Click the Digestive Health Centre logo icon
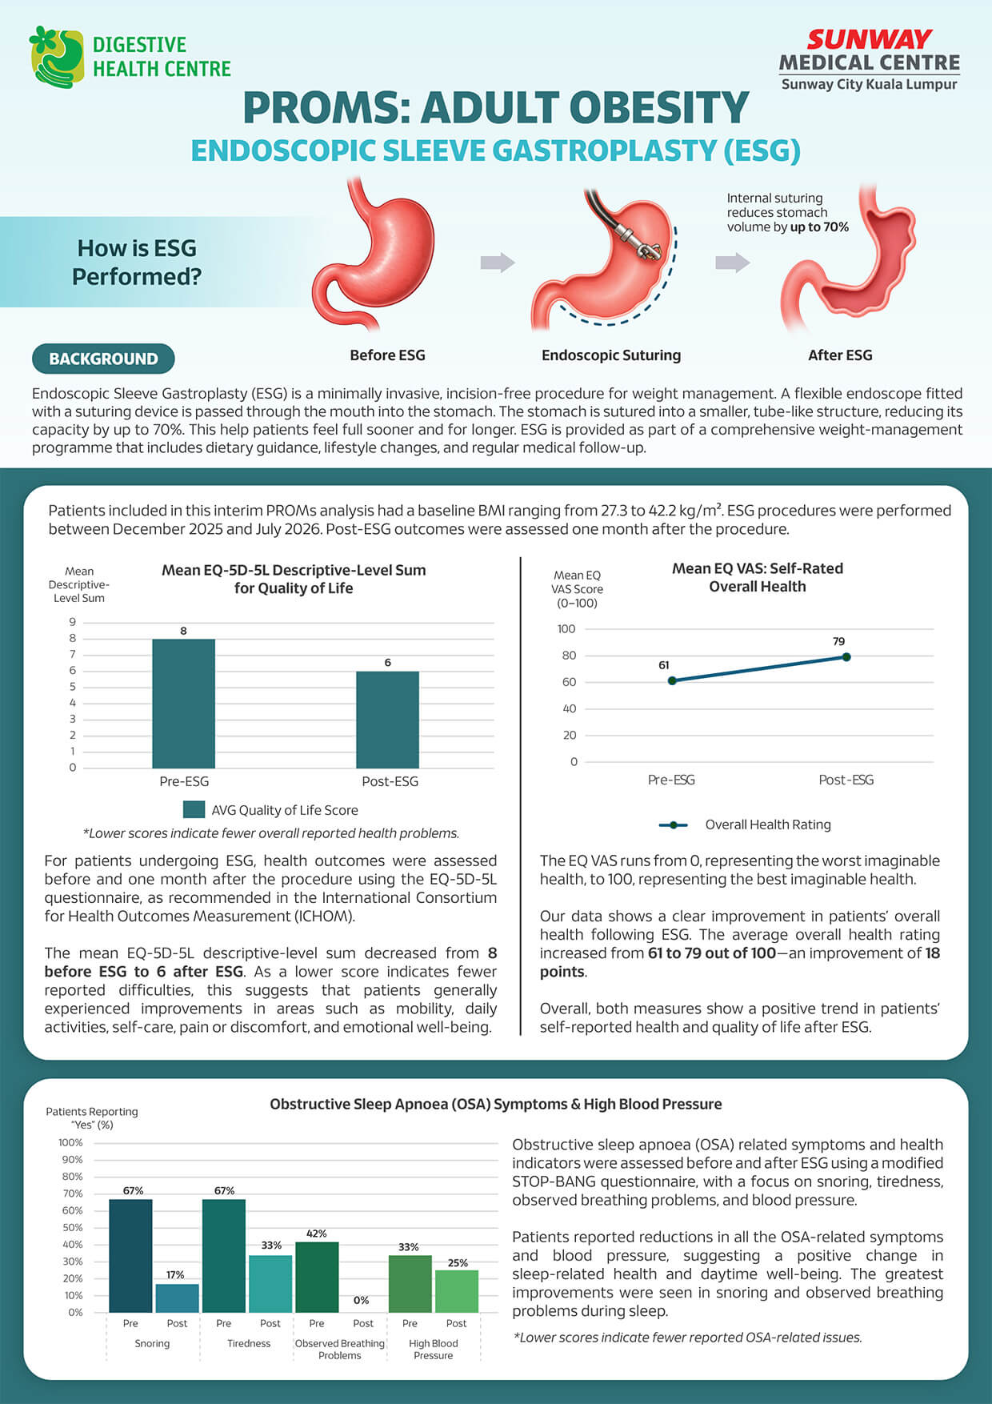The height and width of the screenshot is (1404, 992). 56,56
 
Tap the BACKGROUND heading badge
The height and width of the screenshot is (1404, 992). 103,359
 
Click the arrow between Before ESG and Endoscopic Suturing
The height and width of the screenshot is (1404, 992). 498,262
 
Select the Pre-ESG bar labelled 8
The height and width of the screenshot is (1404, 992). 183,704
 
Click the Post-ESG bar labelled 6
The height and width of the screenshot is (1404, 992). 387,720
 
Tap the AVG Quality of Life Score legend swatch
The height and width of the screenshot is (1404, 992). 194,810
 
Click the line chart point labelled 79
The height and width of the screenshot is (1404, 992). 846,657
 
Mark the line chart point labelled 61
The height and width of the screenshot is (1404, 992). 672,681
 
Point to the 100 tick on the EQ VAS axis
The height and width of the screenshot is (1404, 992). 566,629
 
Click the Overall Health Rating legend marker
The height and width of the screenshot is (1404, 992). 673,824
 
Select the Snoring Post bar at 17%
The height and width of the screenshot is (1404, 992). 177,1298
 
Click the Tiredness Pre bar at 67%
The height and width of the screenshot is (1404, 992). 224,1255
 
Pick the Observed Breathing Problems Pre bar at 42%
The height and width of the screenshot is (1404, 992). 317,1277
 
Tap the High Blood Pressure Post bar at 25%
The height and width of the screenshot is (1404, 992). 457,1291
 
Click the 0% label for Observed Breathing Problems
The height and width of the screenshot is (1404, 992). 362,1301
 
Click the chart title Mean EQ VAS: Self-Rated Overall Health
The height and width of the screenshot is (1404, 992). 757,577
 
